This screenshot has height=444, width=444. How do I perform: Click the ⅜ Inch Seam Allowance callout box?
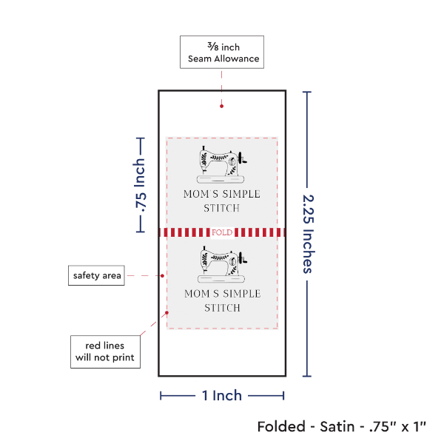tap(221, 53)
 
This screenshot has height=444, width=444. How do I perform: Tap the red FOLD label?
tap(222, 232)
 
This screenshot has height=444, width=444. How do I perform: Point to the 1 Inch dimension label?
tap(222, 395)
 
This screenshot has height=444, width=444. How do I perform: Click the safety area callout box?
tap(96, 276)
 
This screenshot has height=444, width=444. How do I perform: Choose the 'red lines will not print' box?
tap(104, 352)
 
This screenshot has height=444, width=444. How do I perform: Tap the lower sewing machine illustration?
tap(222, 265)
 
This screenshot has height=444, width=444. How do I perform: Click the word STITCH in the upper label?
tap(222, 208)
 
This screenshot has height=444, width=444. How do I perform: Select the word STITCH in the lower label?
tap(222, 308)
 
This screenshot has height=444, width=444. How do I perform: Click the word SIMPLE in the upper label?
tap(237, 195)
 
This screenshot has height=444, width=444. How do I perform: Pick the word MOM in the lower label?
tap(197, 294)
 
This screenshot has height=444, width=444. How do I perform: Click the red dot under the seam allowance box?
tap(221, 107)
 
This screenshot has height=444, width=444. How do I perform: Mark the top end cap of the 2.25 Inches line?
tap(307, 92)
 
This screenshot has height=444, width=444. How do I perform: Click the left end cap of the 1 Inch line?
tap(161, 396)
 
